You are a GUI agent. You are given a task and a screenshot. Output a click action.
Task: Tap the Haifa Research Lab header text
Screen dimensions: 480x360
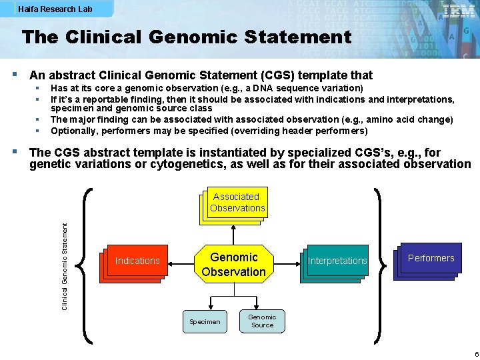55,9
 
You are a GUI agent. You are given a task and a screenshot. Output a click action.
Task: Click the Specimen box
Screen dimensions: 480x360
205,321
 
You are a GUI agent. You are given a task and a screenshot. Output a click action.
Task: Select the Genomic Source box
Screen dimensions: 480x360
262,321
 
